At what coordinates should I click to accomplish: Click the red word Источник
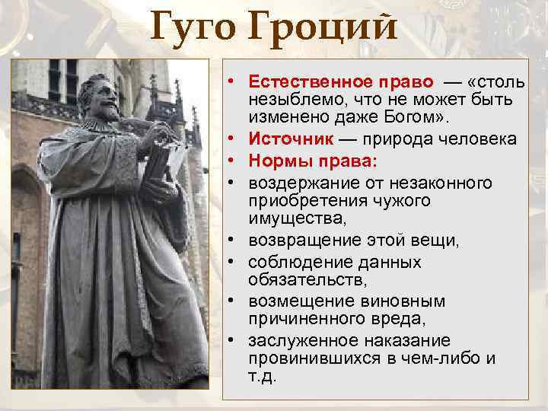[289, 139]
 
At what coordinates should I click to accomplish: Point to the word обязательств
[298, 280]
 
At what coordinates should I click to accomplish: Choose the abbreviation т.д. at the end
[263, 375]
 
